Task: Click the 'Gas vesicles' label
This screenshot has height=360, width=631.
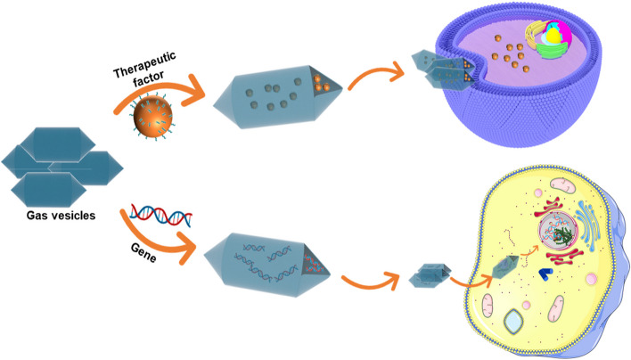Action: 61,216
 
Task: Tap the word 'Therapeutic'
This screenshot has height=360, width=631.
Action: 145,64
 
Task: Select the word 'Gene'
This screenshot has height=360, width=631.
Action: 143,253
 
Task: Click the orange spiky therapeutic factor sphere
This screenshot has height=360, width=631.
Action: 152,116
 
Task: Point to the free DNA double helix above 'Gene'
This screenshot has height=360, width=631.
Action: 161,215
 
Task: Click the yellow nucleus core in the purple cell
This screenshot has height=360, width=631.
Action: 554,35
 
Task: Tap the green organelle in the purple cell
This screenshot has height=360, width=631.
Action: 553,50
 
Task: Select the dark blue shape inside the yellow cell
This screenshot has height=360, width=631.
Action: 545,274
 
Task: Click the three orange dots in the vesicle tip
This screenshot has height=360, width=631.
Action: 321,83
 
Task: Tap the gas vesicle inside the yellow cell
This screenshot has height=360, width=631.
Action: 505,266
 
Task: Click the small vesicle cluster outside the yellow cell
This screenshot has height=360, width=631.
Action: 430,275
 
